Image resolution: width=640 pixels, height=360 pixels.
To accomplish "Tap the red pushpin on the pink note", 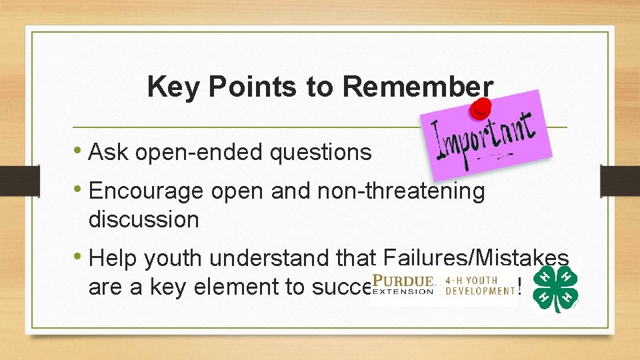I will click(479, 109).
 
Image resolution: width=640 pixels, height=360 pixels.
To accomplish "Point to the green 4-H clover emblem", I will click(555, 289).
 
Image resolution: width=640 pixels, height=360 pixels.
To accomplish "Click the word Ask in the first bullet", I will click(109, 152).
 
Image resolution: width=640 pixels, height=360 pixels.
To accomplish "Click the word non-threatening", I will click(401, 191).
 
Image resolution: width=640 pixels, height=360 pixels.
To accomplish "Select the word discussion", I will click(143, 219).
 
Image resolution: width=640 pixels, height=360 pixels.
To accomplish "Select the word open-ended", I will click(199, 152).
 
